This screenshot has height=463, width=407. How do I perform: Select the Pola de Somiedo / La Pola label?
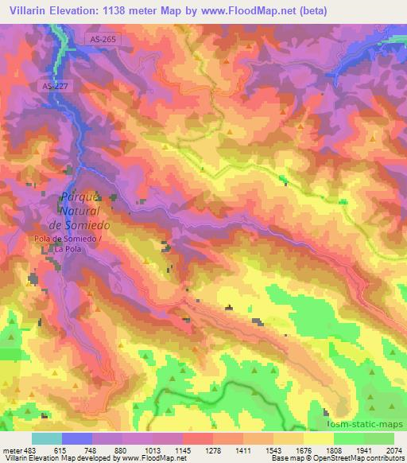coord(68,243)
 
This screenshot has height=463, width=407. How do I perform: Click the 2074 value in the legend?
coord(394,449)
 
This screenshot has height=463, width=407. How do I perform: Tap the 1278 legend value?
coord(213,449)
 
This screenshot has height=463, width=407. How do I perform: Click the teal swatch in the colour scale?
coord(47,438)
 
